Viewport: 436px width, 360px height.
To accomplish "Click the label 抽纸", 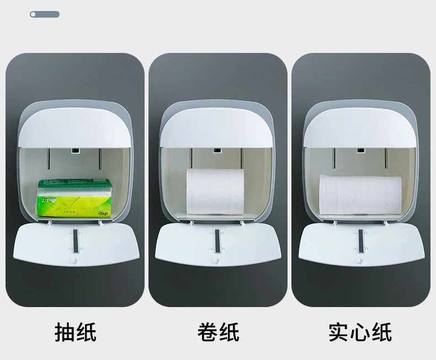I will point(76,333).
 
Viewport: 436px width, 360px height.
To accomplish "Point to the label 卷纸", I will point(218,333).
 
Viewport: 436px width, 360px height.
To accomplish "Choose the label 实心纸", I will point(360,333).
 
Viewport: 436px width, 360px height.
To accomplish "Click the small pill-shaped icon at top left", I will point(45,14).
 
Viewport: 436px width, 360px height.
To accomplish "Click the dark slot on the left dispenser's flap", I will point(76,241).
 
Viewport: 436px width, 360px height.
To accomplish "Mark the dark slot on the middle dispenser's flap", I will point(218,241).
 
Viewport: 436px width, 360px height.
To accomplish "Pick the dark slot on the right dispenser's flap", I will point(360,241).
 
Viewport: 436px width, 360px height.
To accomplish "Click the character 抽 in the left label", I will point(65,333).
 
